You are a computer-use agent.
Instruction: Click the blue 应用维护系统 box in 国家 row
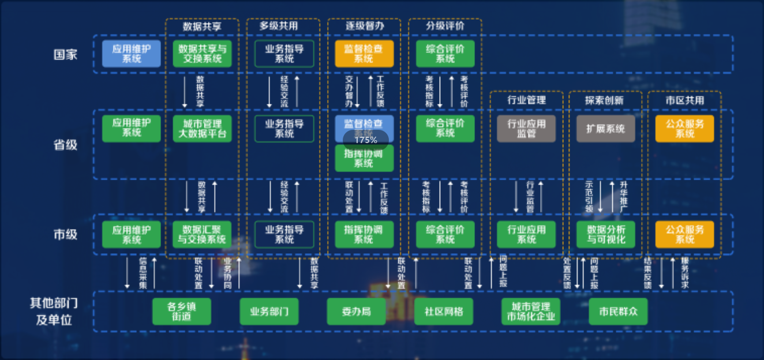click(132, 54)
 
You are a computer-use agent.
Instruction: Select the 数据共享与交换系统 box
click(202, 54)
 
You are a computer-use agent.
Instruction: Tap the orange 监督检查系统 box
click(364, 54)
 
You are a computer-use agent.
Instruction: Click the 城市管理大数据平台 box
click(202, 129)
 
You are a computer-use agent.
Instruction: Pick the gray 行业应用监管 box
click(526, 129)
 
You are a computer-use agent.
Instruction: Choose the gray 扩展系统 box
click(605, 129)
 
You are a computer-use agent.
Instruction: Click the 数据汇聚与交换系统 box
click(202, 234)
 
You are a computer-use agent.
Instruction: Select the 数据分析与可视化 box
click(605, 234)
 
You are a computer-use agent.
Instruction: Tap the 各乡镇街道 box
click(182, 312)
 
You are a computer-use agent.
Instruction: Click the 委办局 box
click(356, 312)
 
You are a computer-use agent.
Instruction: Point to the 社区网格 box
click(444, 312)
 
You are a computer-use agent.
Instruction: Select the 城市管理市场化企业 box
click(531, 312)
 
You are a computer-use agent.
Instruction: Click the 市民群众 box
click(618, 312)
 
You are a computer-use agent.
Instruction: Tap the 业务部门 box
click(269, 312)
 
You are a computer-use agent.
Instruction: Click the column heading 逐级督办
click(365, 26)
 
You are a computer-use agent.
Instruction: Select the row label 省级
click(65, 144)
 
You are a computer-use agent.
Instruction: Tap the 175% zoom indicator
click(366, 140)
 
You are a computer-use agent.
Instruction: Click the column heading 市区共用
click(684, 100)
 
